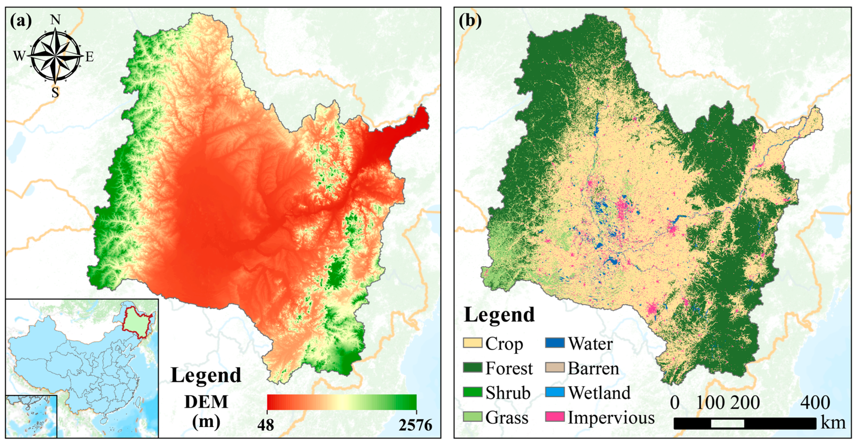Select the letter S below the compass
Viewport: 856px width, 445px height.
click(55, 92)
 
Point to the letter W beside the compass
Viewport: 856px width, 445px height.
click(19, 56)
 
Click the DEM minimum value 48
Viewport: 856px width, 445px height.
click(266, 425)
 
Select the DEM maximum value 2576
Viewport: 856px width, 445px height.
click(415, 425)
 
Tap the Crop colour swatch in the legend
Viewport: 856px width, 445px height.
click(472, 343)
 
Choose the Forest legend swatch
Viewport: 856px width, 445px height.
click(472, 368)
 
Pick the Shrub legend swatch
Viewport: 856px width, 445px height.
click(472, 392)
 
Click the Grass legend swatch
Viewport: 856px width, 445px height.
click(472, 417)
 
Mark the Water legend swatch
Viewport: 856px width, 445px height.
click(555, 343)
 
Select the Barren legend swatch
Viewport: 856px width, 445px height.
click(555, 368)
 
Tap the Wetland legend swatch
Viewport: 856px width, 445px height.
click(555, 392)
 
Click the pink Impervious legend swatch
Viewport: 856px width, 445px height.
click(555, 417)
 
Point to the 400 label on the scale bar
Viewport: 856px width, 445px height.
click(815, 403)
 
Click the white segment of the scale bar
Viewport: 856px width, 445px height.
click(727, 423)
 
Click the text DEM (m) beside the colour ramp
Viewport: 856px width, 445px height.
click(206, 412)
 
